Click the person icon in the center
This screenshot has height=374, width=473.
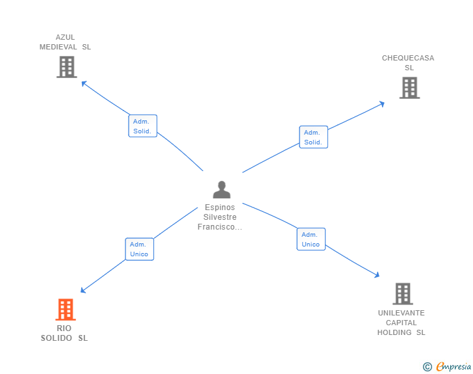pos(222,190)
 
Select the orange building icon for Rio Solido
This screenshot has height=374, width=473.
pos(65,310)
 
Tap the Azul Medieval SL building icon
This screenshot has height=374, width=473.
pos(66,67)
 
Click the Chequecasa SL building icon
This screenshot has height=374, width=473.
pos(409,88)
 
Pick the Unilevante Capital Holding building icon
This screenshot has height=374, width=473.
pos(403,294)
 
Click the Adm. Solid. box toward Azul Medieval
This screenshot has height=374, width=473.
pos(142,126)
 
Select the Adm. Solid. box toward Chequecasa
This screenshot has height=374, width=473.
pos(313,137)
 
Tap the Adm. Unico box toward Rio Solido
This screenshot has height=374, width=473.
pos(139,249)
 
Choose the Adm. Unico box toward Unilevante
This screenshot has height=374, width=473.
pos(311,239)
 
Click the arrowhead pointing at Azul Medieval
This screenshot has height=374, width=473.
pos(83,83)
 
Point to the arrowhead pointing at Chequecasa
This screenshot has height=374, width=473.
pos(381,103)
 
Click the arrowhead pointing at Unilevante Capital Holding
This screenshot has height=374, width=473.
pos(376,275)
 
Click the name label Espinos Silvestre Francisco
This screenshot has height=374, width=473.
pos(220,217)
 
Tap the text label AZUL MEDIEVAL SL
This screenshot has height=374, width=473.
pos(65,42)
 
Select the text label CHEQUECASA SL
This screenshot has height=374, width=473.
pos(408,62)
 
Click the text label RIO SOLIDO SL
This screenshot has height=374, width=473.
pos(64,333)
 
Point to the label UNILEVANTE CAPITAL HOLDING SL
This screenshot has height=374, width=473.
pos(402,323)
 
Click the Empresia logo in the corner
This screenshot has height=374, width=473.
pos(454,367)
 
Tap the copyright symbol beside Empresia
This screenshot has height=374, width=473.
pos(428,367)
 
